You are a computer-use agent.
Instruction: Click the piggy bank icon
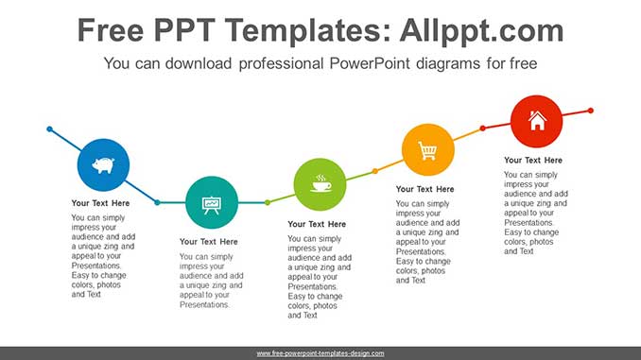(x=103, y=165)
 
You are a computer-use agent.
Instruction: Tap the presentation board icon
(x=212, y=205)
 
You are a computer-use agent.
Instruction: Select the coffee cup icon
(x=320, y=183)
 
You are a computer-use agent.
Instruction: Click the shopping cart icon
(x=427, y=150)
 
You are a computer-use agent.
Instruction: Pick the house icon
(x=537, y=121)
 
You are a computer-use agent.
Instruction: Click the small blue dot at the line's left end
(x=50, y=129)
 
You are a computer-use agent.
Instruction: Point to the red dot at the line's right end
(x=590, y=111)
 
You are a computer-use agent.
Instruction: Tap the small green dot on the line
(x=268, y=202)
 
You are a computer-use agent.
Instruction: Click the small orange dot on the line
(x=375, y=171)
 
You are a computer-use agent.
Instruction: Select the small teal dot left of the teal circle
(x=157, y=202)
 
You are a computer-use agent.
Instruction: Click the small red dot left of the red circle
(x=483, y=128)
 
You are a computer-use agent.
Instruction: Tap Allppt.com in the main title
(x=481, y=31)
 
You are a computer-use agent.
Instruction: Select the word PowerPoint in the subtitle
(x=370, y=63)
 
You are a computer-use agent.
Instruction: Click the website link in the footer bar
(x=320, y=353)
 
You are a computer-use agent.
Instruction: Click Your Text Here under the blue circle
(x=100, y=203)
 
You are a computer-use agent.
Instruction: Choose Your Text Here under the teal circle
(x=209, y=242)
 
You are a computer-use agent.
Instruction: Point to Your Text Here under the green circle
(x=317, y=224)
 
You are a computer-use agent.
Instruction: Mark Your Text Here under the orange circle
(x=424, y=189)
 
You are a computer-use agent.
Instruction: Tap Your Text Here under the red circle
(x=532, y=161)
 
